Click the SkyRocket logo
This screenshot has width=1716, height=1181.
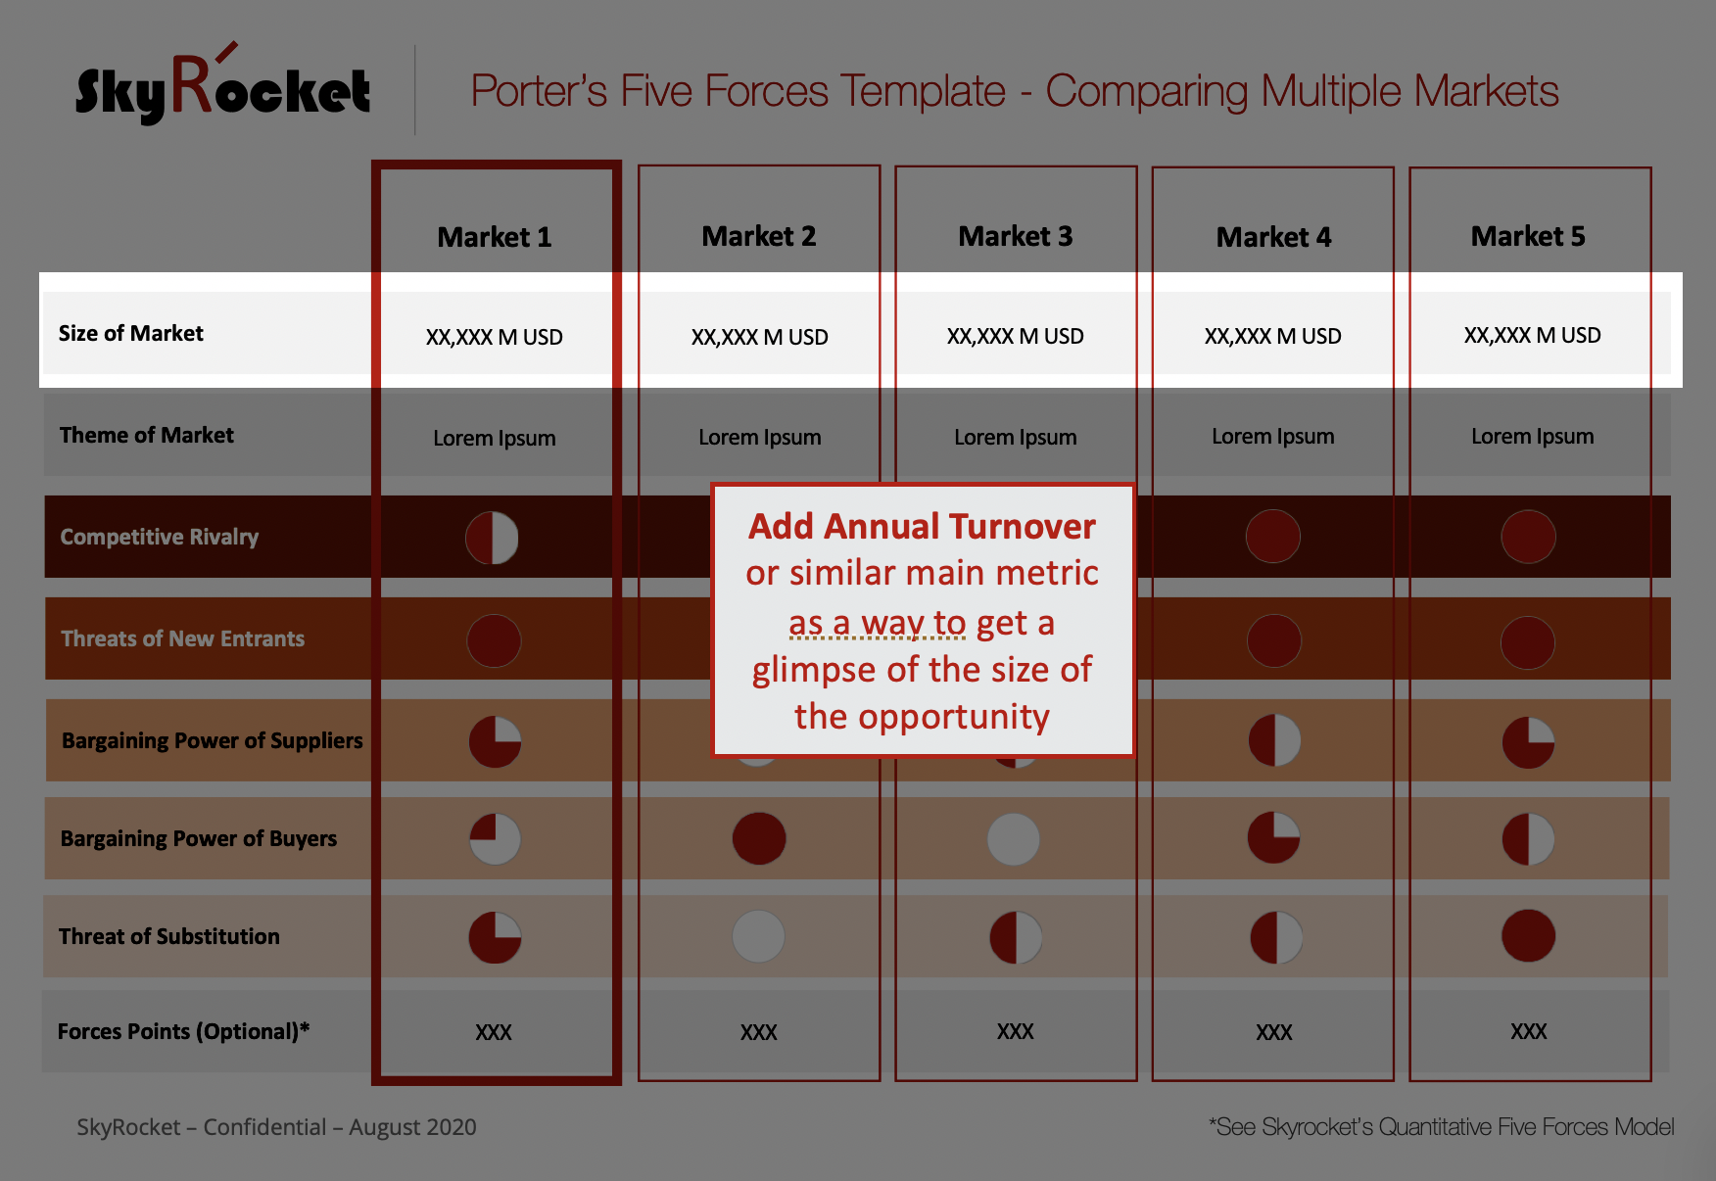click(x=223, y=85)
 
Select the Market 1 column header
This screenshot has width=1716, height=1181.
click(x=495, y=237)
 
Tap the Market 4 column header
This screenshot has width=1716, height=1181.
click(x=1273, y=237)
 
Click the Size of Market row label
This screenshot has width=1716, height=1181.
click(x=131, y=333)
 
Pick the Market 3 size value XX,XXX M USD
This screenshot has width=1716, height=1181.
click(x=1016, y=336)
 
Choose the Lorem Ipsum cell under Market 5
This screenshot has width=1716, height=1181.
click(x=1532, y=436)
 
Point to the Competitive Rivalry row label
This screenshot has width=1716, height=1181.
click(x=160, y=537)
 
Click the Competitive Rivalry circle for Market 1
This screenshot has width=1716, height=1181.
click(x=492, y=538)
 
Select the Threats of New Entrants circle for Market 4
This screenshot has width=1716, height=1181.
click(x=1273, y=640)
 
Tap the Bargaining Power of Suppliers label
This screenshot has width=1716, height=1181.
click(x=213, y=740)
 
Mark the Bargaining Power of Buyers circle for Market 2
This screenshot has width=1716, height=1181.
click(x=759, y=838)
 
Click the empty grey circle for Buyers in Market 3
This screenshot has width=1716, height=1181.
click(x=1014, y=839)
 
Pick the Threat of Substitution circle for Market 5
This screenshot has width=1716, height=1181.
click(x=1528, y=935)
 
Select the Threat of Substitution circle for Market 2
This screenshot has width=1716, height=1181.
click(x=758, y=936)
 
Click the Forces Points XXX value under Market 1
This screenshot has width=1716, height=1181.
click(x=494, y=1032)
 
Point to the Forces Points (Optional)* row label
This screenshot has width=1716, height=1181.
click(x=183, y=1031)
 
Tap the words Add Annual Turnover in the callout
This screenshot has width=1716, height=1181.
click(x=922, y=526)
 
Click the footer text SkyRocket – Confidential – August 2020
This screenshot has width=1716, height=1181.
click(x=276, y=1127)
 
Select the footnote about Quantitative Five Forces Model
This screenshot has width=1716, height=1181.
click(x=1442, y=1127)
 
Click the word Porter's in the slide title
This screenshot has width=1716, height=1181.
click(x=540, y=91)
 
